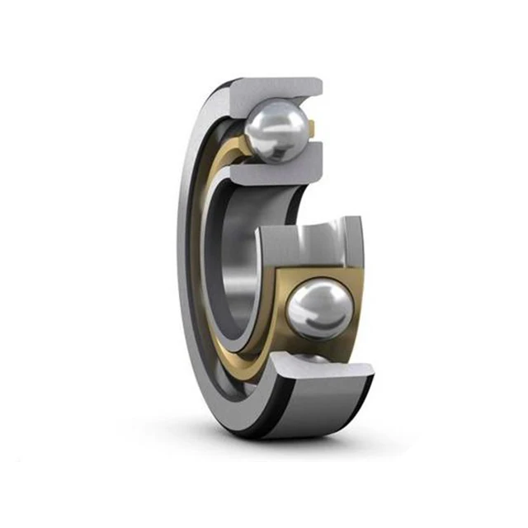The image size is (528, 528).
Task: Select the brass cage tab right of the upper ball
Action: tap(313, 128)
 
